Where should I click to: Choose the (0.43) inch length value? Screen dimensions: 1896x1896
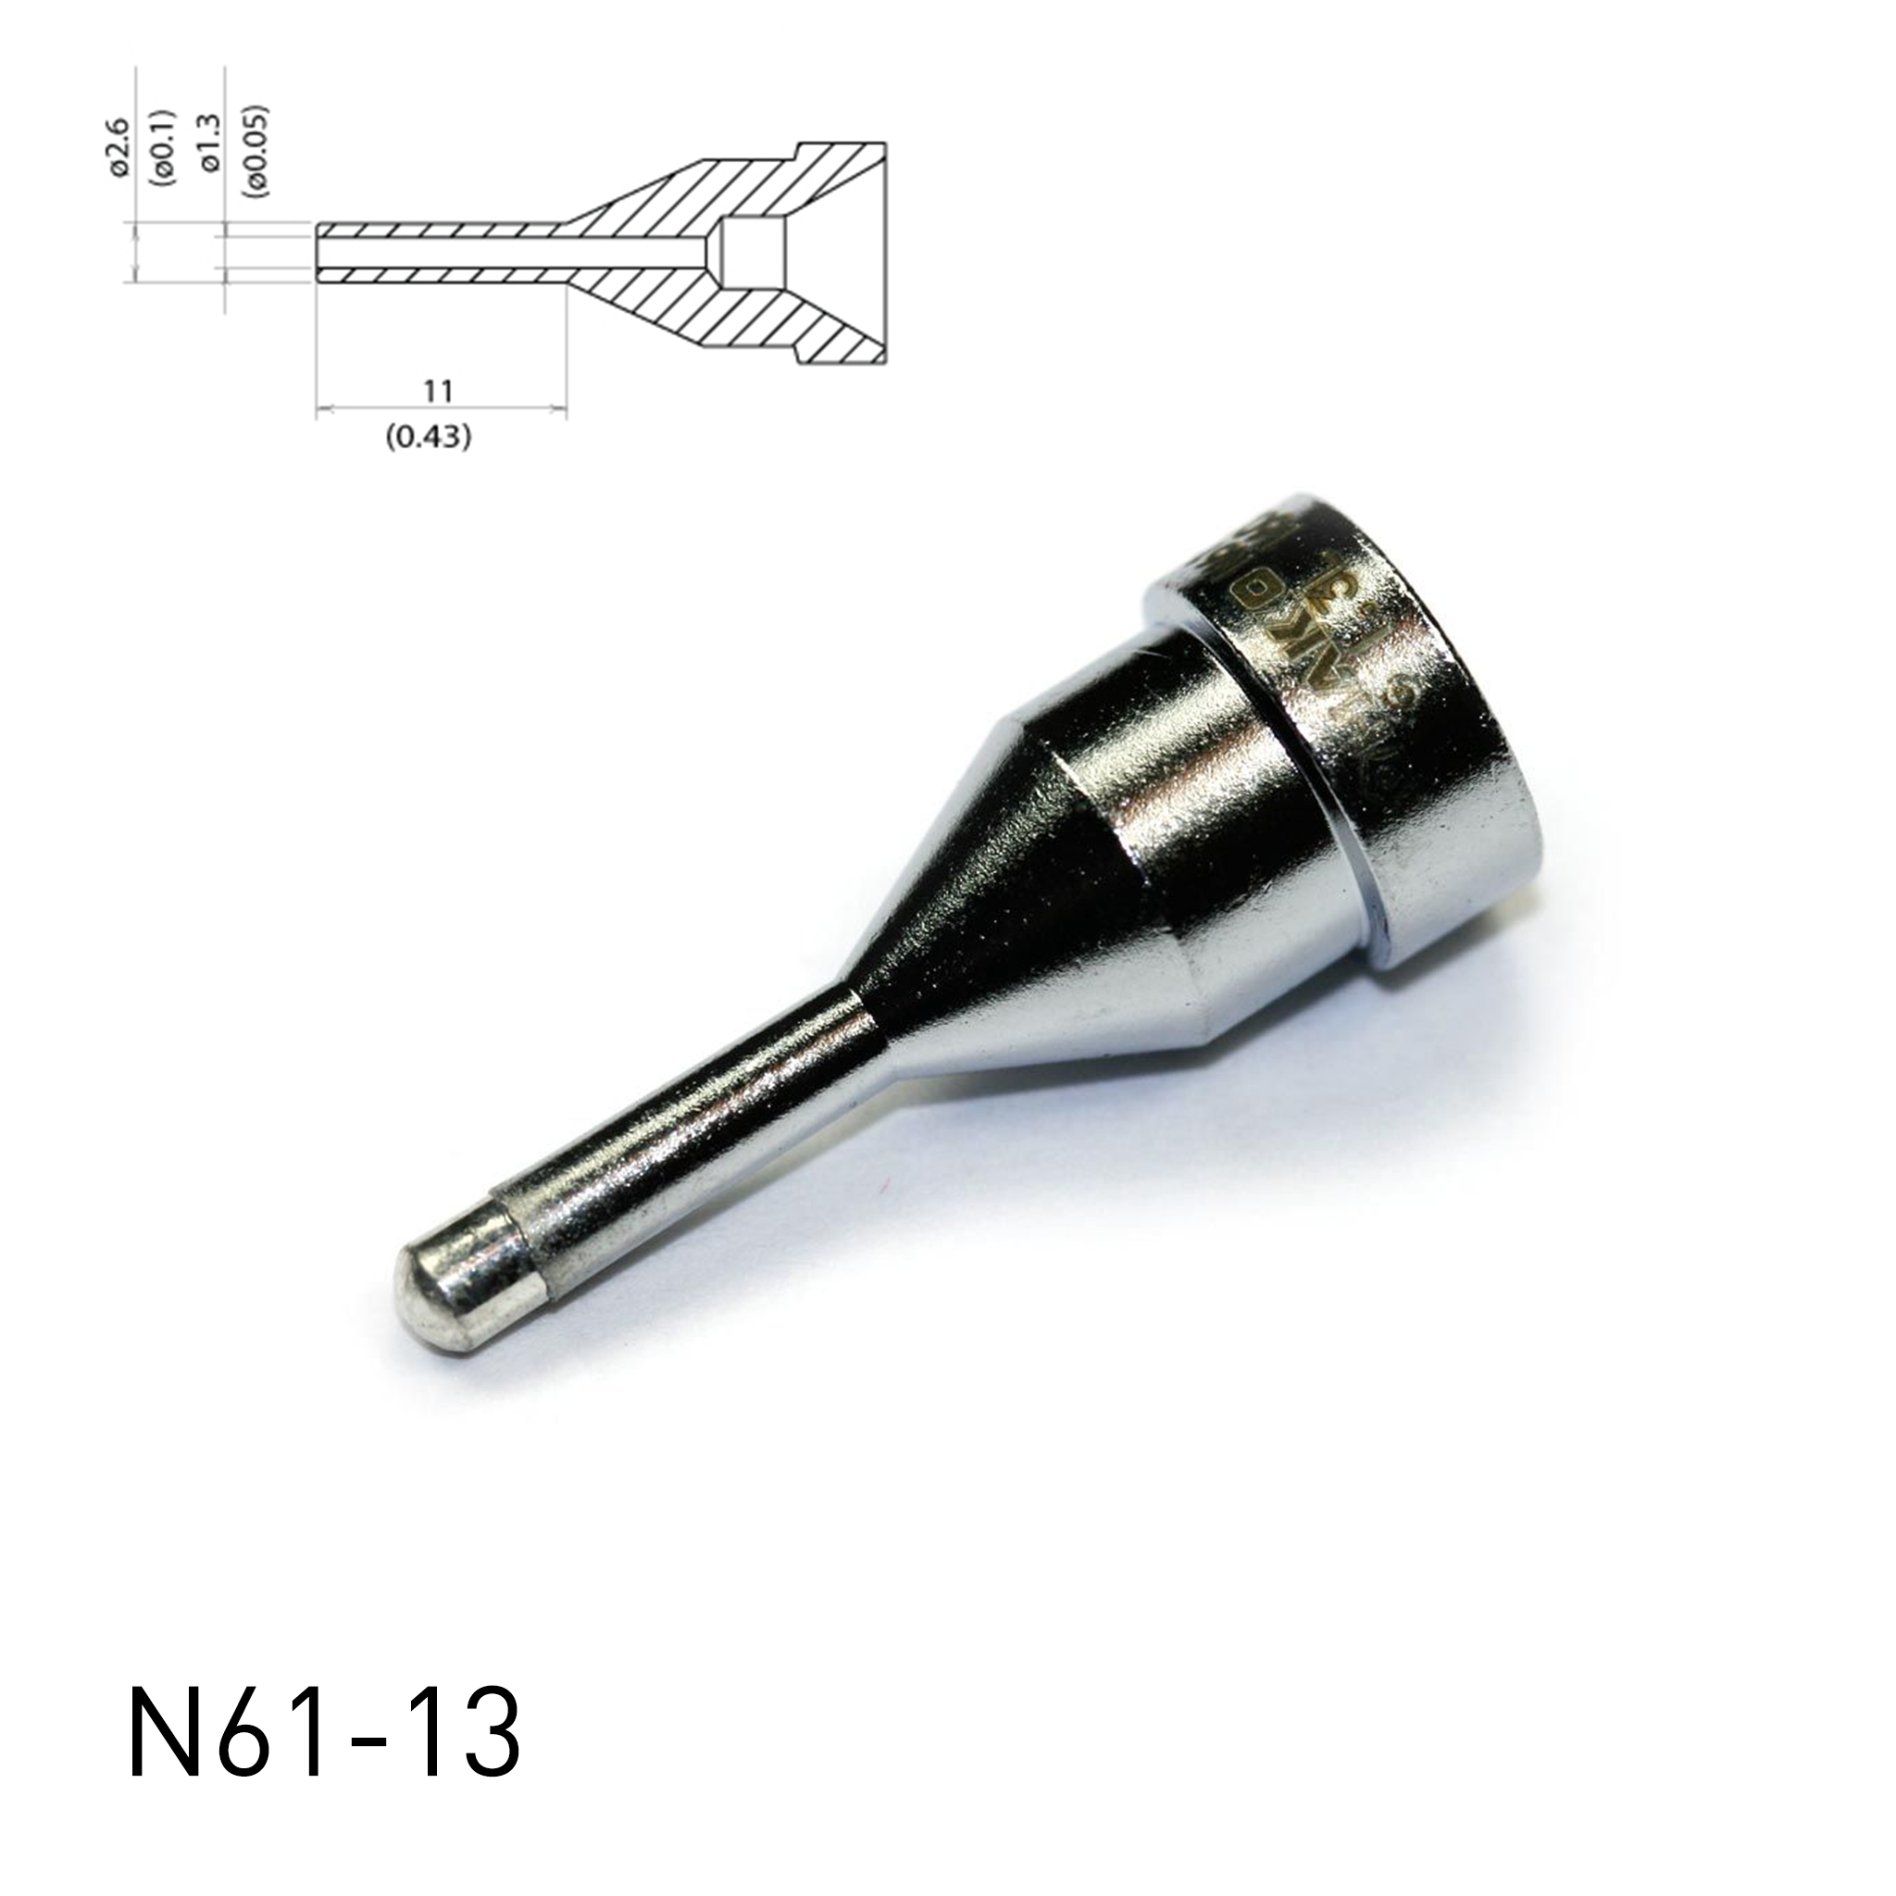pos(428,438)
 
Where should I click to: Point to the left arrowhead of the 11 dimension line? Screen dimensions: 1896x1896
pos(322,408)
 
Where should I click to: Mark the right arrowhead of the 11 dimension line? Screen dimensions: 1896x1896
pos(561,408)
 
